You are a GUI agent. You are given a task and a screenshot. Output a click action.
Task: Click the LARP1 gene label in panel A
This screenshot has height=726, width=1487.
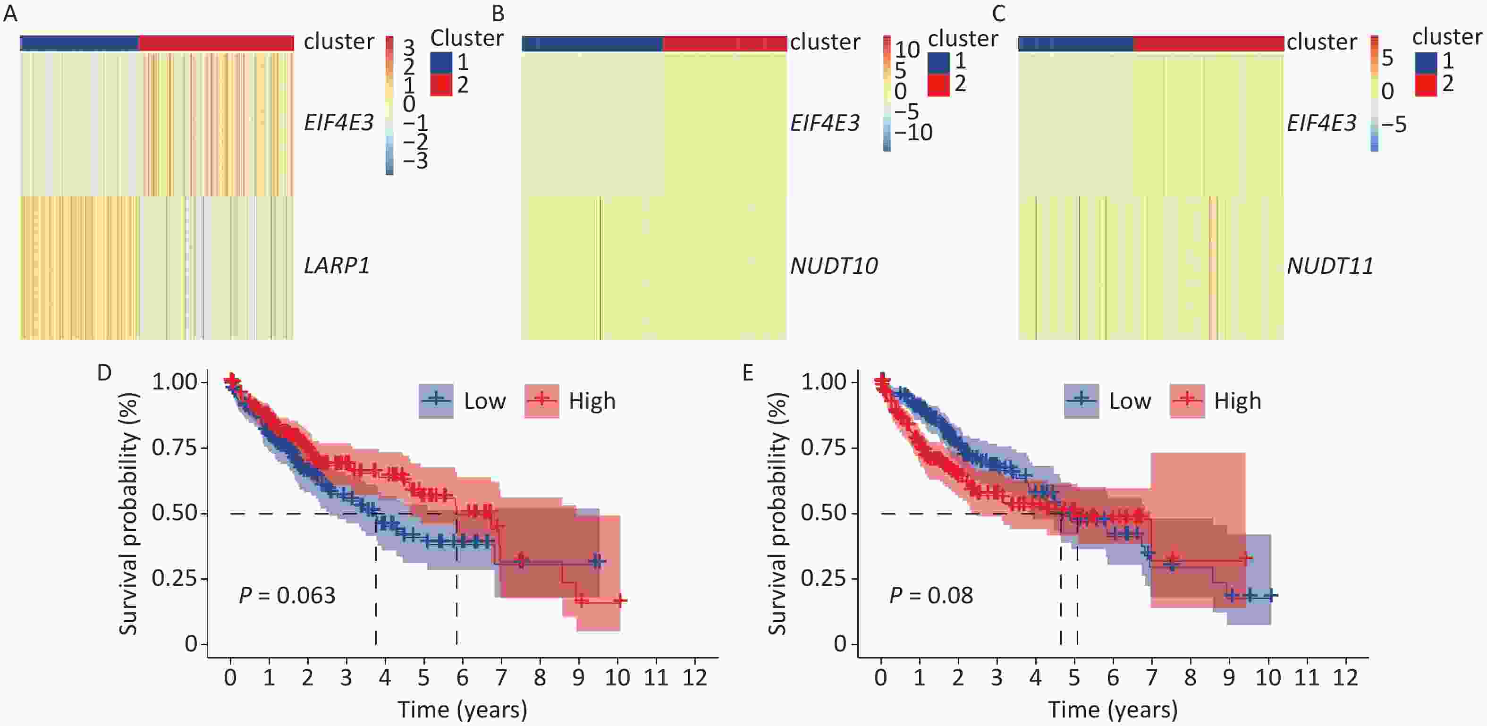[337, 265]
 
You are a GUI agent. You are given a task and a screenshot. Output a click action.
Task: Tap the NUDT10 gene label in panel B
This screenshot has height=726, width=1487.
[834, 265]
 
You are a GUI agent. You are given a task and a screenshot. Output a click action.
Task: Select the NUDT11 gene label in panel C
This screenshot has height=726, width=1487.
[1330, 265]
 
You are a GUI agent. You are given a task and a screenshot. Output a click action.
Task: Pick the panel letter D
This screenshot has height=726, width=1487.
[104, 373]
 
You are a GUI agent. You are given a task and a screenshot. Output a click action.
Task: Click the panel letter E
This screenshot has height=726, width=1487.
[748, 373]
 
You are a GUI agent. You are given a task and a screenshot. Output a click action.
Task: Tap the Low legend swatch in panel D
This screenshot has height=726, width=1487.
[436, 400]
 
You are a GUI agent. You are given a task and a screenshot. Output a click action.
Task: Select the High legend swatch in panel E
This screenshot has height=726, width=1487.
[1187, 400]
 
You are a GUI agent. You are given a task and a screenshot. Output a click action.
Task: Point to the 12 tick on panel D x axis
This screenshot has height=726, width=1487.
[694, 677]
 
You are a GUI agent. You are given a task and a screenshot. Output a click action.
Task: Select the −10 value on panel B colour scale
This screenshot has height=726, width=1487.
[913, 133]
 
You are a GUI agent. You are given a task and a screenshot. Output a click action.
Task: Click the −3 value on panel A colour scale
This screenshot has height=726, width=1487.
[415, 161]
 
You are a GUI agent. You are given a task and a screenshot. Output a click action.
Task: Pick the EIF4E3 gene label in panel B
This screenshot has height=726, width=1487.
[825, 123]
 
